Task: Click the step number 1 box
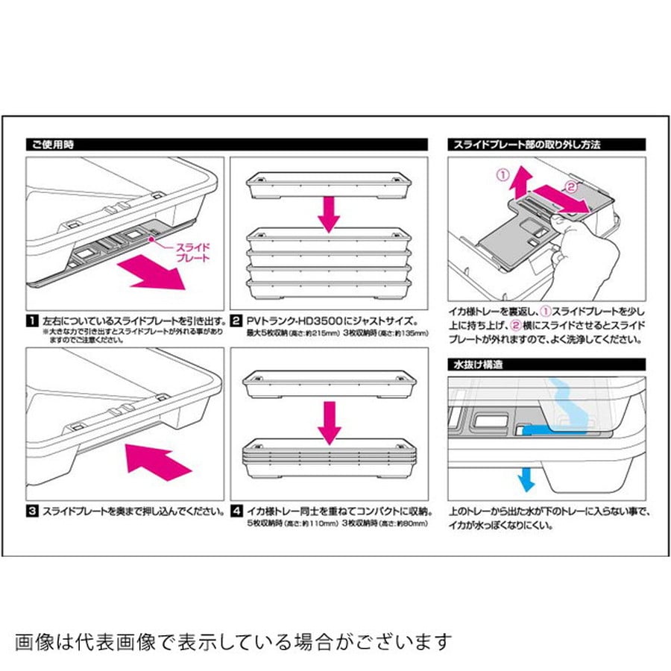pyautogui.click(x=32, y=321)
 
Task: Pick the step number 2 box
pyautogui.click(x=236, y=321)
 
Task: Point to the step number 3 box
pyautogui.click(x=32, y=512)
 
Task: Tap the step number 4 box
pyautogui.click(x=236, y=512)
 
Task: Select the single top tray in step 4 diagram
pyautogui.click(x=328, y=382)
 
